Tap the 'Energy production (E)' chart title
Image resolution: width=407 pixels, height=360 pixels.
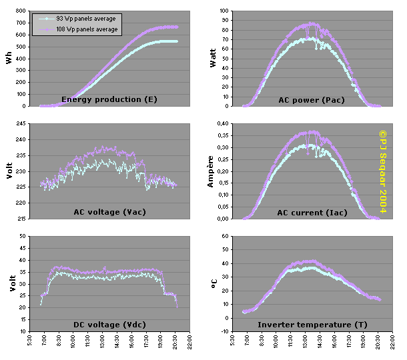click(x=109, y=99)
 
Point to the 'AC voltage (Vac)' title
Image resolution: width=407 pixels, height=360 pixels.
click(x=109, y=212)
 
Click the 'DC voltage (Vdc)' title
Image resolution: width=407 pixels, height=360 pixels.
click(x=109, y=325)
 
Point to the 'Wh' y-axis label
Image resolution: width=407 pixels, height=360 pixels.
click(x=9, y=59)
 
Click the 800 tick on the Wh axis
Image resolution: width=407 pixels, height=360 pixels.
click(x=21, y=11)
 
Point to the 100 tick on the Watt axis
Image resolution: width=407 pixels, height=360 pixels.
click(x=224, y=11)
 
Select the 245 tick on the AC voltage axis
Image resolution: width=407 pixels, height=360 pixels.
click(x=21, y=124)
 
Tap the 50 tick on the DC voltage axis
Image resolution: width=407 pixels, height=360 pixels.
click(x=23, y=237)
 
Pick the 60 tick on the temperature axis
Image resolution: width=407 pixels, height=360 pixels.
click(x=226, y=237)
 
